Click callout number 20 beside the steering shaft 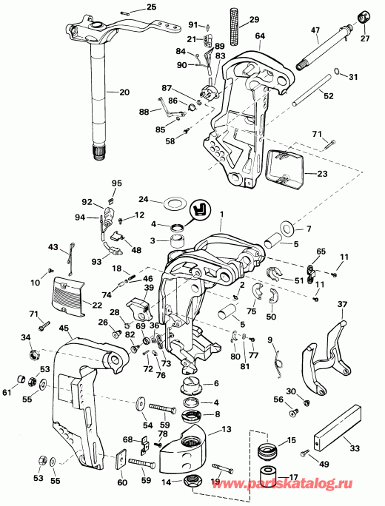coord(123,92)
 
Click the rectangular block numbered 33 coord(335,428)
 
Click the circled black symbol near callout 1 coord(198,211)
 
